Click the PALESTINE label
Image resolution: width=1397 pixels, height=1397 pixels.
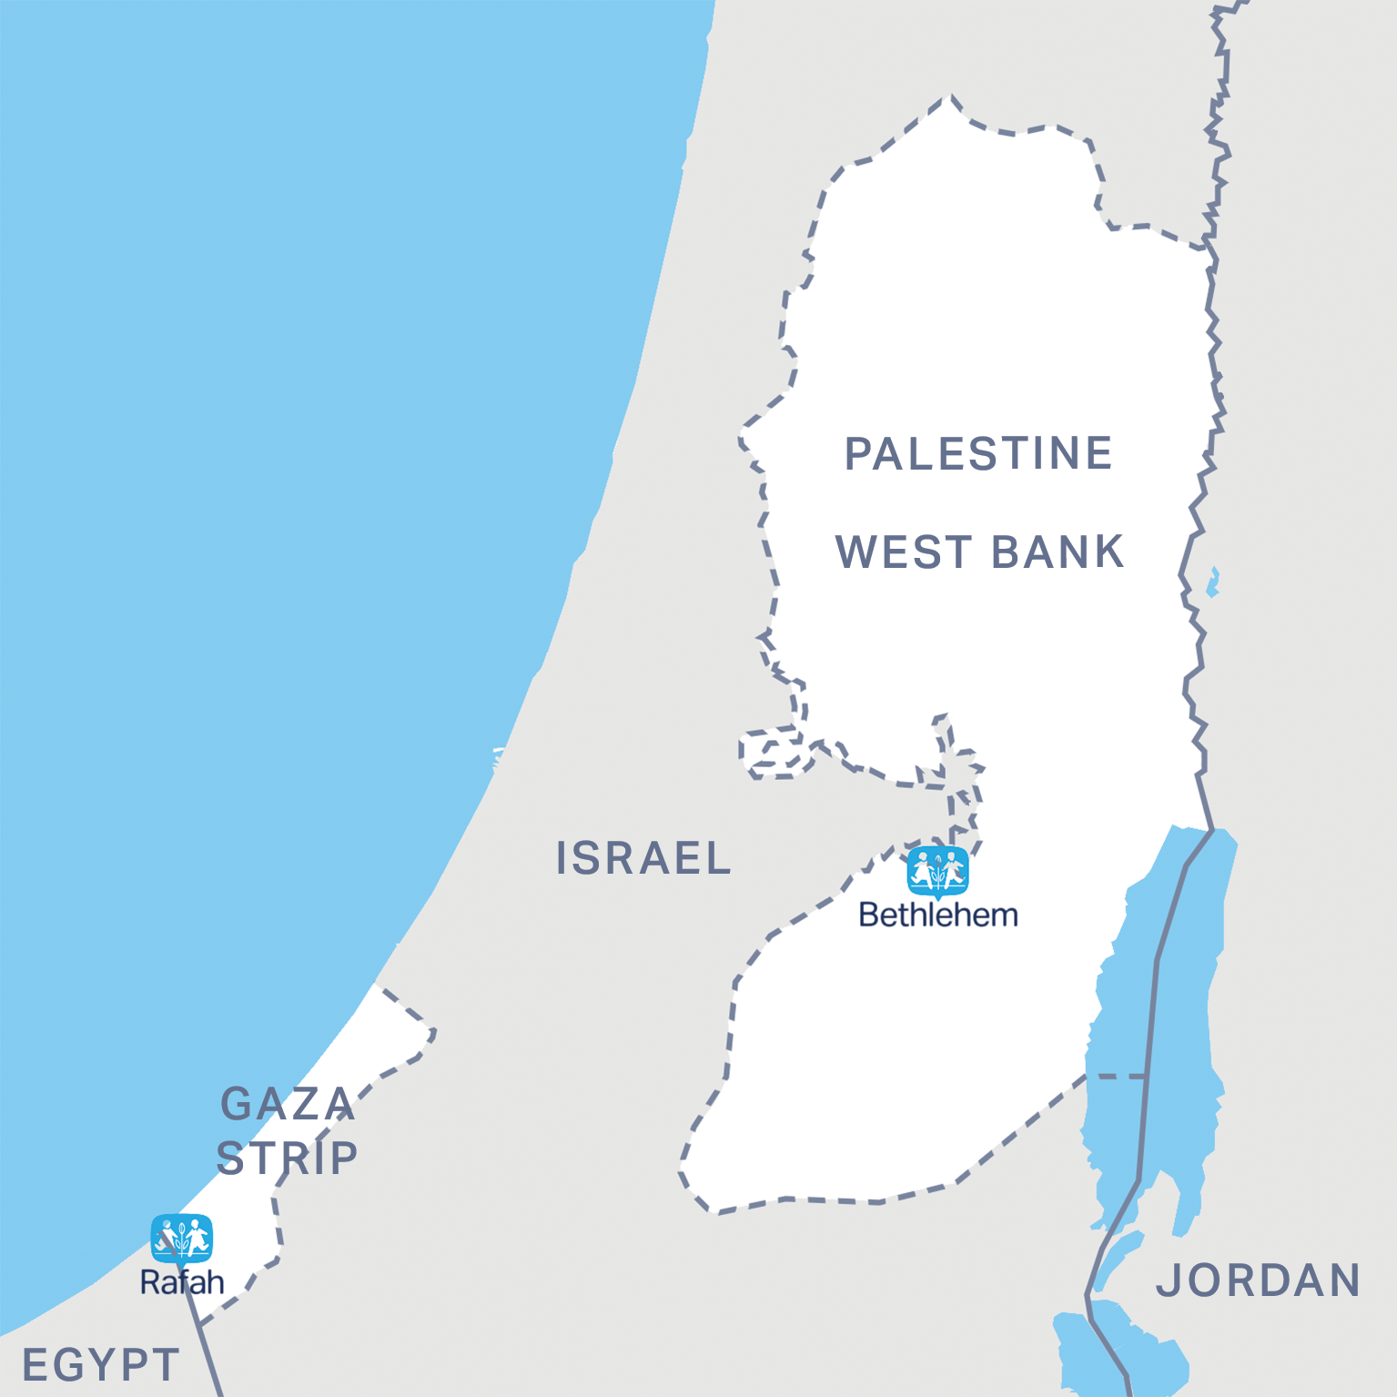click(978, 453)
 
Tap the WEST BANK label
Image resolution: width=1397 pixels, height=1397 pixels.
click(979, 552)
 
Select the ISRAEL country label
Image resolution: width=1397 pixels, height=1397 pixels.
click(643, 858)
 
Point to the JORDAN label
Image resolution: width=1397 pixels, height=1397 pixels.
click(1259, 1281)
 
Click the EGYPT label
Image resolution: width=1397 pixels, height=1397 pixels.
click(100, 1365)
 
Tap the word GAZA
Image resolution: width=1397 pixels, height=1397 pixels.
click(288, 1104)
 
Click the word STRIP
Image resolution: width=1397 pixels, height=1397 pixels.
click(288, 1159)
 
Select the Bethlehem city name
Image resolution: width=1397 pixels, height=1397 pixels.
click(938, 915)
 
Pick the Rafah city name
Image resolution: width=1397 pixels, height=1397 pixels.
click(182, 1282)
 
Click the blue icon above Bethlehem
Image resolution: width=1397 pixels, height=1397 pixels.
click(938, 871)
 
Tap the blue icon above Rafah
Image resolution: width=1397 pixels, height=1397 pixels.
click(182, 1238)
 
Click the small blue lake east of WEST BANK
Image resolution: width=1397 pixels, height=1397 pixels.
click(1213, 582)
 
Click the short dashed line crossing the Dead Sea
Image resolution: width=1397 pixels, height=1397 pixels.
click(1117, 1077)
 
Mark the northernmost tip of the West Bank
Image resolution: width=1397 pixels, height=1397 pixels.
click(951, 96)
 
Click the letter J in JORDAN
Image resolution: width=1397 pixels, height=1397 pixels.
click(1165, 1281)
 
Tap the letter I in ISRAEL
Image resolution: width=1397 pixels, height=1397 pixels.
click(562, 858)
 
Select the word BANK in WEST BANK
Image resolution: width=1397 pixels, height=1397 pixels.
click(1058, 552)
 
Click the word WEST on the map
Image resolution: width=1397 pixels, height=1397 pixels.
click(904, 552)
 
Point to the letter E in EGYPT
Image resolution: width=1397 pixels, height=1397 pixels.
click(35, 1365)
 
